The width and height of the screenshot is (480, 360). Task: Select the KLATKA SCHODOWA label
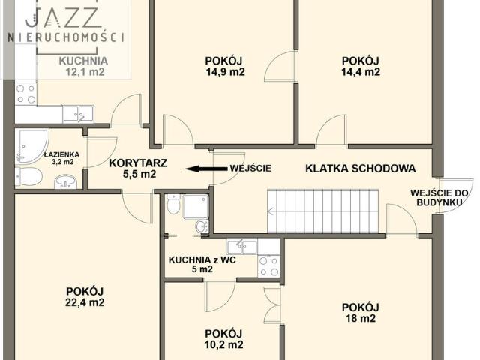pyautogui.click(x=359, y=169)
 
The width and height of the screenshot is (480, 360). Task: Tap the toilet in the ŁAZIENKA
pyautogui.click(x=30, y=177)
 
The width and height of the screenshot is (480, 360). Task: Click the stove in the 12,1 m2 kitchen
pyautogui.click(x=25, y=94)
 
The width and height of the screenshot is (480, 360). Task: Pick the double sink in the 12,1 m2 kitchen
pyautogui.click(x=78, y=114)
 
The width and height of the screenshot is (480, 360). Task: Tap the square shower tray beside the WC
pyautogui.click(x=197, y=205)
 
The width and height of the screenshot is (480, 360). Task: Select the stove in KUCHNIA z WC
pyautogui.click(x=268, y=265)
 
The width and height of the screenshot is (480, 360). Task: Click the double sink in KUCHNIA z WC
pyautogui.click(x=242, y=245)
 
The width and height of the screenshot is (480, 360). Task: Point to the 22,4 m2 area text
pyautogui.click(x=85, y=303)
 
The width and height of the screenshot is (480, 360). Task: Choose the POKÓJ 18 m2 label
pyautogui.click(x=360, y=312)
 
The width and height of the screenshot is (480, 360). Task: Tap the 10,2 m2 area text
pyautogui.click(x=224, y=345)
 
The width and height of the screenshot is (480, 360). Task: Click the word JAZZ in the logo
pyautogui.click(x=66, y=16)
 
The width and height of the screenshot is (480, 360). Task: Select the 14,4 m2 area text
pyautogui.click(x=361, y=73)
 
